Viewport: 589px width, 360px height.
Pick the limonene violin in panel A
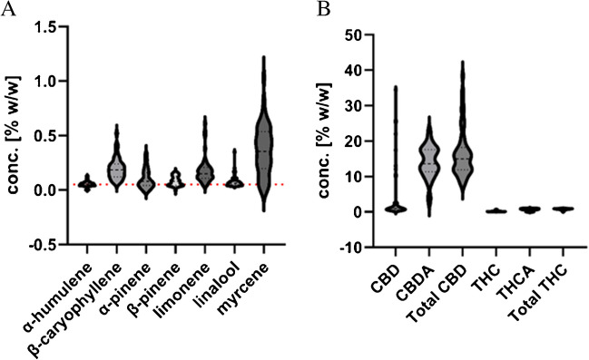(x=204, y=168)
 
